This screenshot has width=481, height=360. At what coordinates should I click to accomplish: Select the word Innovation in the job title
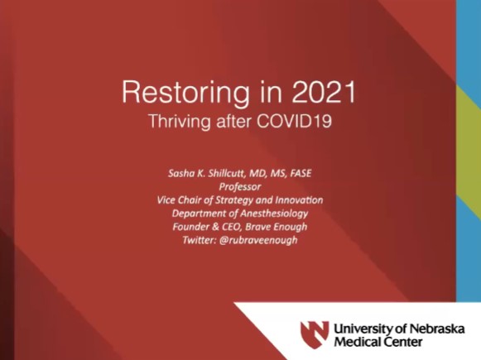[x=294, y=199]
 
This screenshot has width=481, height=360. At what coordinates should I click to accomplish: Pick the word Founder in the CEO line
[x=191, y=226]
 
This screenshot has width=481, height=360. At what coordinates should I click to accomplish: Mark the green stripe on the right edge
[x=468, y=124]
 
